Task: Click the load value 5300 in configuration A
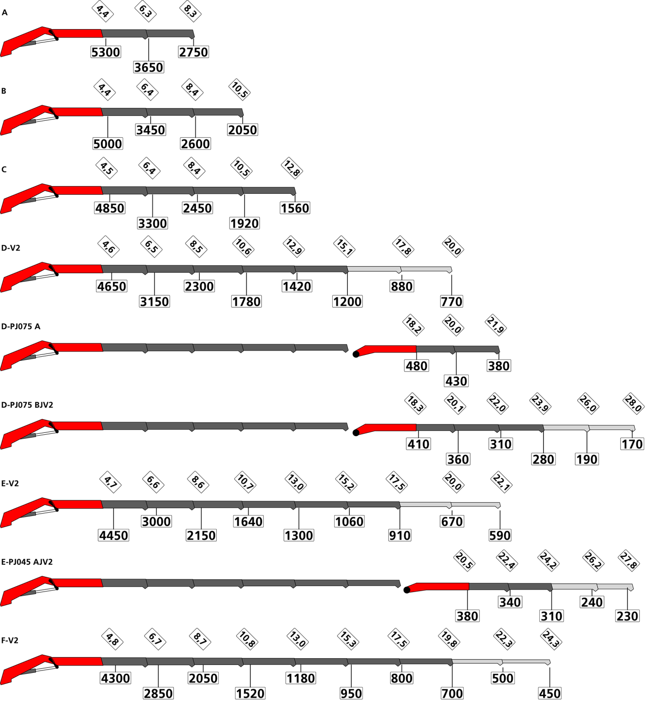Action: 106,52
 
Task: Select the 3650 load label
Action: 149,67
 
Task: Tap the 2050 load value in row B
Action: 243,130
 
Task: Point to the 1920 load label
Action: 245,223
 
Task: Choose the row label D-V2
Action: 11,248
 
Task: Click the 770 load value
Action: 452,301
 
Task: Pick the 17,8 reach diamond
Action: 403,247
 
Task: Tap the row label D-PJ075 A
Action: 21,326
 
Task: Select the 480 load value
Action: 417,366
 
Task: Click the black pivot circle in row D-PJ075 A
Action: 356,354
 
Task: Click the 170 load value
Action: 632,444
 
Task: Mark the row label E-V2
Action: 10,483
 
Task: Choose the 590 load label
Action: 500,535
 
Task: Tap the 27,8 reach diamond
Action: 629,561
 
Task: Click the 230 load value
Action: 627,616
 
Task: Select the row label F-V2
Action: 10,641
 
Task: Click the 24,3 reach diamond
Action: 551,639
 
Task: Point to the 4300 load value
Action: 115,678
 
